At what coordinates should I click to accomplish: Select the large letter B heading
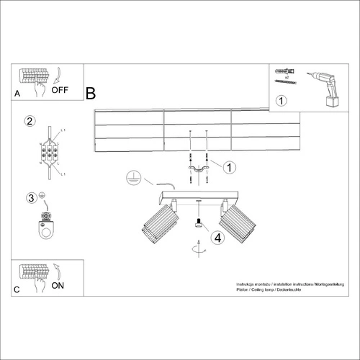(x=91, y=94)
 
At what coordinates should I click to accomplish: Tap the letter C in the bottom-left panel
(x=17, y=291)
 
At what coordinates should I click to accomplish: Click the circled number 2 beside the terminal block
(x=30, y=121)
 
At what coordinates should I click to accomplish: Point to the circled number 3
(x=31, y=198)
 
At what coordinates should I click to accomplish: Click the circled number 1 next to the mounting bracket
(x=229, y=168)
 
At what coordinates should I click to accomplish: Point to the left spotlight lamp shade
(x=159, y=222)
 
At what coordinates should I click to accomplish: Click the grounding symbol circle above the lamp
(x=132, y=176)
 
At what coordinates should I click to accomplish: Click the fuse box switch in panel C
(x=35, y=274)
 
